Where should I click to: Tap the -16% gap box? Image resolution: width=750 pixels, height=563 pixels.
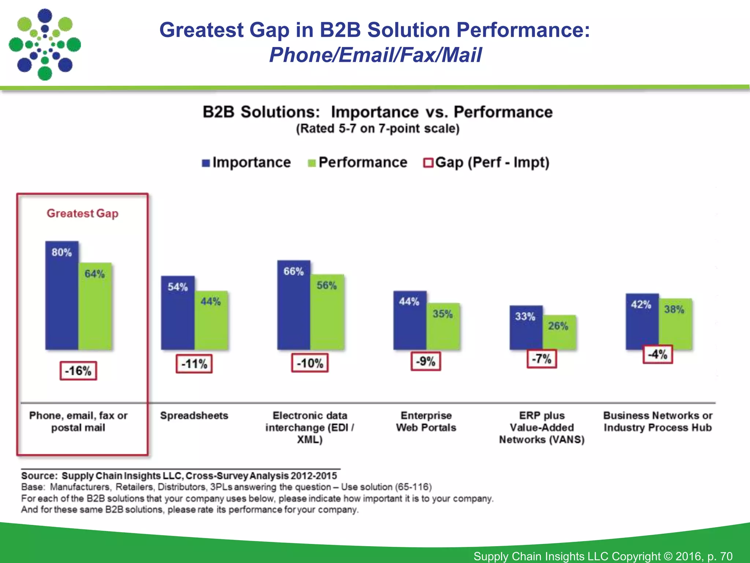coord(78,371)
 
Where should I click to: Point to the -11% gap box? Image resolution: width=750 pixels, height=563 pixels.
coord(194,364)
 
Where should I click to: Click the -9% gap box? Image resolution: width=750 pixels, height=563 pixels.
coord(426,361)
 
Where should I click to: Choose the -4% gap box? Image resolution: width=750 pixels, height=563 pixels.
coord(658,354)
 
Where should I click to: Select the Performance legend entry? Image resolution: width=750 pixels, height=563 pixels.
coord(358,162)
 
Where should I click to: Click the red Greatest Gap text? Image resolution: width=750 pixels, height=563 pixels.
coord(82,213)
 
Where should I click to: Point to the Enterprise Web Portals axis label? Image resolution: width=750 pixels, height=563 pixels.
coord(426,422)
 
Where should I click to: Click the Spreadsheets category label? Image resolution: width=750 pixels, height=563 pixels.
coord(194,416)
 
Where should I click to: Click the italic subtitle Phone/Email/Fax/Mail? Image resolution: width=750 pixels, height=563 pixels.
coord(375,55)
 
